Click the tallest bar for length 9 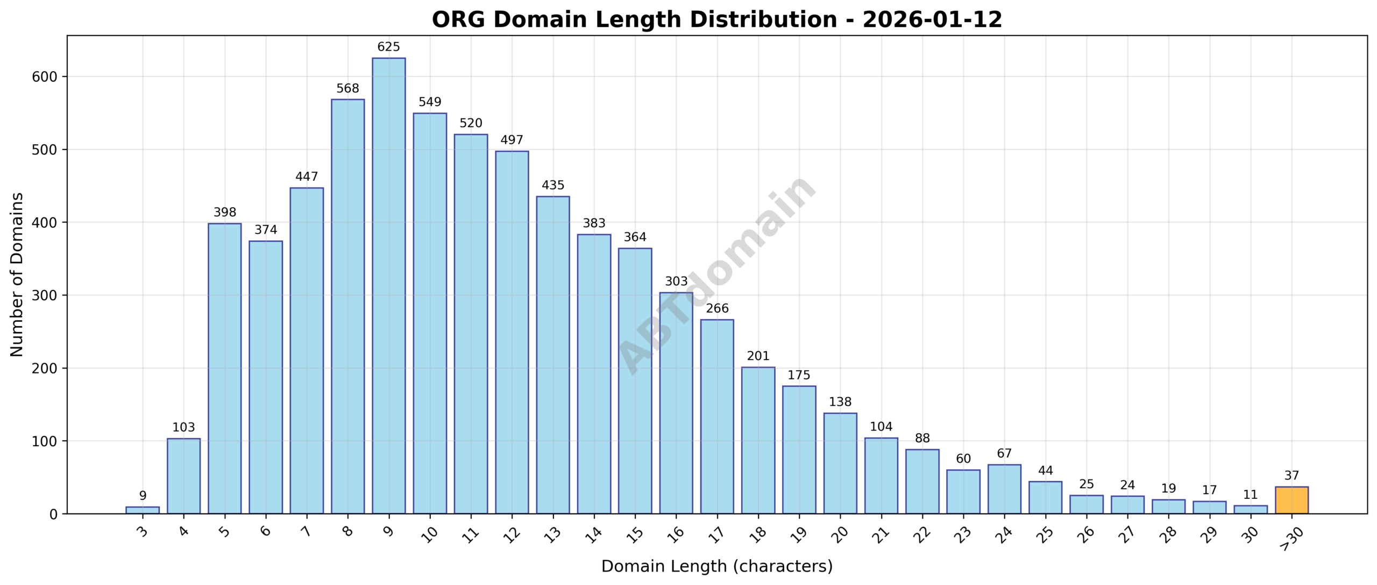[x=388, y=285]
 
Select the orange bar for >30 [x=1291, y=500]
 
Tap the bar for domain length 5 [x=225, y=368]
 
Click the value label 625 [x=388, y=47]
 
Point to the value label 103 [x=183, y=427]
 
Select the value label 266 [x=717, y=308]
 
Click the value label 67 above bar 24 [x=1004, y=454]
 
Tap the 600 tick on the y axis [x=45, y=77]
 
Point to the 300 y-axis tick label [x=45, y=295]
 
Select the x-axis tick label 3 [x=143, y=532]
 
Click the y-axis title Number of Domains [x=17, y=274]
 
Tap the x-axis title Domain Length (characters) [x=716, y=566]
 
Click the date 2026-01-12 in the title [x=932, y=20]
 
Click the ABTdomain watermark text [x=717, y=274]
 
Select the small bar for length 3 [x=143, y=510]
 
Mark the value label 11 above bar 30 [x=1251, y=494]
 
